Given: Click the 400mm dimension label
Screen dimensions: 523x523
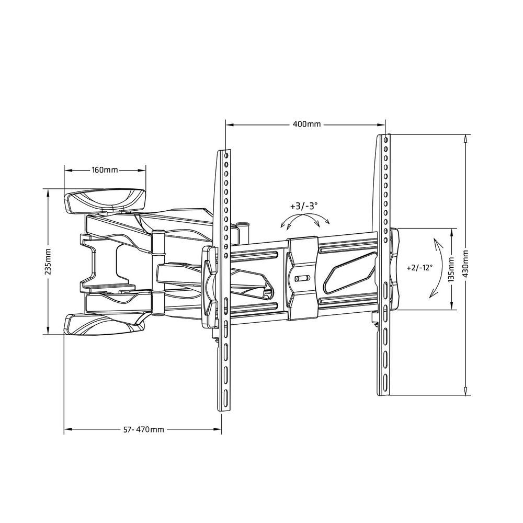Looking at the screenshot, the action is [x=306, y=124].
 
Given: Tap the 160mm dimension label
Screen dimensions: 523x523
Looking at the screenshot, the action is [x=105, y=170].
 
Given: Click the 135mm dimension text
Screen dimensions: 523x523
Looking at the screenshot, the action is [x=452, y=269].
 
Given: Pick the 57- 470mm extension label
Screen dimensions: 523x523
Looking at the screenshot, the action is [x=144, y=429].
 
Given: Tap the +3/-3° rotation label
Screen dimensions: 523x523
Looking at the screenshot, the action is [x=304, y=206].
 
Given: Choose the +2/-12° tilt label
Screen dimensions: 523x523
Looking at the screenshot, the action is [x=419, y=267].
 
